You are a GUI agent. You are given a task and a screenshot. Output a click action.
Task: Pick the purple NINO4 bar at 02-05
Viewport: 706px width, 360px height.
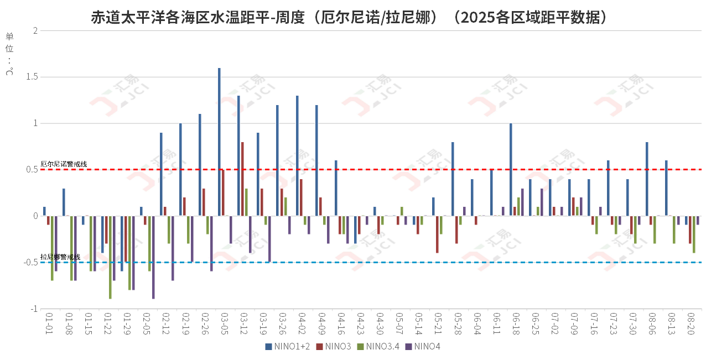[153, 257]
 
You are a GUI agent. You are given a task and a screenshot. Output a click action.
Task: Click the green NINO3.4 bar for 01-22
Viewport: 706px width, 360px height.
[110, 257]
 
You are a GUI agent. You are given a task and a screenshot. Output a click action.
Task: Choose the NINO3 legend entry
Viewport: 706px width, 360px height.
[334, 347]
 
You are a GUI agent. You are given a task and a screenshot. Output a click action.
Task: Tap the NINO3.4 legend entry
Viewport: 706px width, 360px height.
[378, 347]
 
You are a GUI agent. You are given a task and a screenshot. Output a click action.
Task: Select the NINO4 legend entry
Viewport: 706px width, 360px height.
[423, 347]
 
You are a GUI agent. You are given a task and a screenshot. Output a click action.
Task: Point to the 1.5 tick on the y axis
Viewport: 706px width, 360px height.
[31, 77]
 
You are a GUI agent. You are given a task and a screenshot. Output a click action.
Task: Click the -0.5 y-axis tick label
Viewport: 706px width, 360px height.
[30, 262]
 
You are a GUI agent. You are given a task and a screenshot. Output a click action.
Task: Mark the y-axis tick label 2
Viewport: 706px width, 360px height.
[35, 30]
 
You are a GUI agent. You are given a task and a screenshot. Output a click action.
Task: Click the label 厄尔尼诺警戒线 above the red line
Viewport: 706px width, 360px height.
[64, 164]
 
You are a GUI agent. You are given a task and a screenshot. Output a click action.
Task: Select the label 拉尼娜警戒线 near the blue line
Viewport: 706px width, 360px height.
[60, 257]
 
